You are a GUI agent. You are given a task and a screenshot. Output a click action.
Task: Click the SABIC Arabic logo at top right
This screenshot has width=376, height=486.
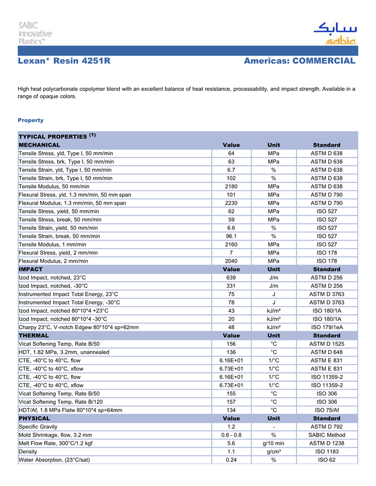pyautogui.click(x=334, y=33)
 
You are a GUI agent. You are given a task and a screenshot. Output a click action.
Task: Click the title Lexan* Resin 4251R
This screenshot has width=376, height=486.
pyautogui.click(x=64, y=61)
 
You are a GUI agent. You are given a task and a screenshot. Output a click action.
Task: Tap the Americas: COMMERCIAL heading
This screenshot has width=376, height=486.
pyautogui.click(x=299, y=61)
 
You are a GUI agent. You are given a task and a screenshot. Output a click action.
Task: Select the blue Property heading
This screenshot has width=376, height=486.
pyautogui.click(x=31, y=120)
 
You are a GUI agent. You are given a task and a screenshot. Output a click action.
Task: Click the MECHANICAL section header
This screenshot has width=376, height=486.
pyautogui.click(x=40, y=145)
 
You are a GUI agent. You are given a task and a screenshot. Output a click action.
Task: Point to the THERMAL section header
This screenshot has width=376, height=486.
pyautogui.click(x=34, y=335)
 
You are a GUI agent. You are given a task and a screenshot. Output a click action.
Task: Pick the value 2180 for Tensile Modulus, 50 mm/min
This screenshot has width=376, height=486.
pyautogui.click(x=231, y=186)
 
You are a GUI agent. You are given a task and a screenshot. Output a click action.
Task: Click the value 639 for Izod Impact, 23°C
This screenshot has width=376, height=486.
pyautogui.click(x=231, y=278)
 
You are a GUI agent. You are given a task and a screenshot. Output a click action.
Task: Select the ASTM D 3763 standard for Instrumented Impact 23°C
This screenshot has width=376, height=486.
pyautogui.click(x=327, y=294)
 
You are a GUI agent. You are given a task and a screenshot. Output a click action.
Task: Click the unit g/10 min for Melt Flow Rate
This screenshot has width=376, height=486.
pyautogui.click(x=273, y=444)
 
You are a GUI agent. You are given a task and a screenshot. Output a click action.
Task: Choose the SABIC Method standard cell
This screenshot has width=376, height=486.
pyautogui.click(x=327, y=435)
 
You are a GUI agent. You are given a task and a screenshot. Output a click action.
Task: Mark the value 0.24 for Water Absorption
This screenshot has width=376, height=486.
pyautogui.click(x=231, y=460)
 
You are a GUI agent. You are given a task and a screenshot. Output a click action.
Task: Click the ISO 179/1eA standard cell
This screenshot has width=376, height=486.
pyautogui.click(x=327, y=327)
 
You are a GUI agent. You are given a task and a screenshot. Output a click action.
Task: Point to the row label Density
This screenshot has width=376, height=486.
pyautogui.click(x=28, y=452)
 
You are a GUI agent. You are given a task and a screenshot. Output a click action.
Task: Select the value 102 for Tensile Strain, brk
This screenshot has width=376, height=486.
pyautogui.click(x=231, y=178)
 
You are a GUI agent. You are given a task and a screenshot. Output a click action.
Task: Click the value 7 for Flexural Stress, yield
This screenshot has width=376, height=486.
pyautogui.click(x=231, y=252)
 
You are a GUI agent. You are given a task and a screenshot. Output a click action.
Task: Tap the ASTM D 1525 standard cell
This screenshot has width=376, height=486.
pyautogui.click(x=327, y=344)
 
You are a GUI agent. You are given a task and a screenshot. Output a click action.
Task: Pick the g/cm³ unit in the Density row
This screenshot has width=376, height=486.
pyautogui.click(x=273, y=452)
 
